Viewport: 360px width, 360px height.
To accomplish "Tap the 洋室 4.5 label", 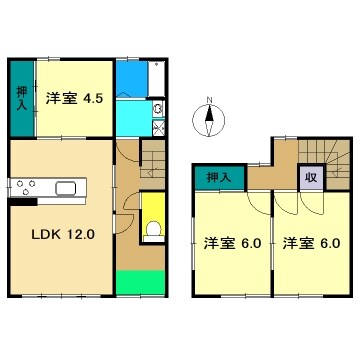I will coord(71,98).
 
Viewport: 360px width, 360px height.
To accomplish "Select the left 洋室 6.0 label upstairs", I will coord(229,243).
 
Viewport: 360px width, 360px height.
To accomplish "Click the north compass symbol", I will coord(209,124).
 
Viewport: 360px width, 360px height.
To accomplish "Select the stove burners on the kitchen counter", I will coord(26,187).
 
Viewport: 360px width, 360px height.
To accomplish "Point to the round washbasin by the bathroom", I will coord(158,109).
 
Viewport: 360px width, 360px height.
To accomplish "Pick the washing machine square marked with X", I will coord(158,128).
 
